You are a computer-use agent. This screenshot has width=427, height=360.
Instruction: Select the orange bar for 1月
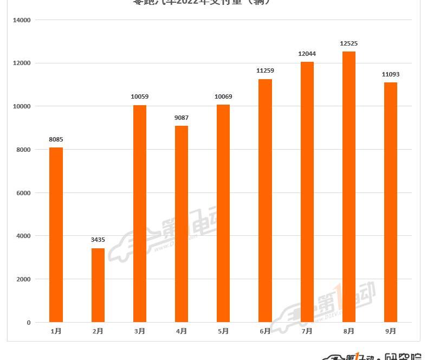click(56, 235)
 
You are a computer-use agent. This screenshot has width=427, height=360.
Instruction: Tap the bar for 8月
click(348, 187)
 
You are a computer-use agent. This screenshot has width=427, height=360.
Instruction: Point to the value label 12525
click(348, 43)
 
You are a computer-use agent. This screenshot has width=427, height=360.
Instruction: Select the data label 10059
click(140, 97)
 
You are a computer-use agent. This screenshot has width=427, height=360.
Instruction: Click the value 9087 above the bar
click(182, 118)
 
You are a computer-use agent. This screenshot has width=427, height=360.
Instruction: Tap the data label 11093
click(390, 74)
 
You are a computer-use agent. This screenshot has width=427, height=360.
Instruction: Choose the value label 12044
click(307, 54)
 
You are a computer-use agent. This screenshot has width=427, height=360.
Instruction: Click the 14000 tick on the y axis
click(22, 20)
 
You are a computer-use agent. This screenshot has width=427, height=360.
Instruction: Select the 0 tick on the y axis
click(28, 323)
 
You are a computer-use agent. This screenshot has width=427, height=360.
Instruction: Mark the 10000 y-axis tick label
click(22, 106)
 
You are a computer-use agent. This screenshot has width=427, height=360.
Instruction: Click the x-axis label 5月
click(223, 331)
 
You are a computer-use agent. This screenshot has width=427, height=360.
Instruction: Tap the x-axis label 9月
click(391, 331)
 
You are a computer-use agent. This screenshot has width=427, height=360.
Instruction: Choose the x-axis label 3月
click(140, 331)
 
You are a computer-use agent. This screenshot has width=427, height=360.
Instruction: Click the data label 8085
click(56, 139)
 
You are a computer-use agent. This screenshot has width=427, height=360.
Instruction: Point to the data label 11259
click(265, 70)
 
